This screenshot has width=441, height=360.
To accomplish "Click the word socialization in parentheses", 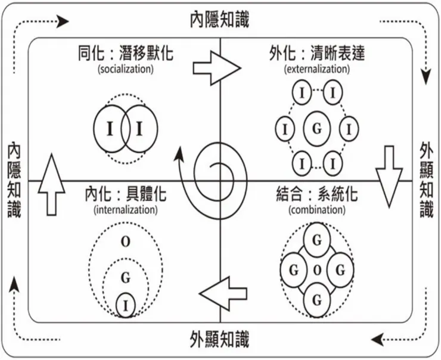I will point(126,69).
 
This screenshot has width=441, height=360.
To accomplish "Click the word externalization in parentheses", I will point(316,69).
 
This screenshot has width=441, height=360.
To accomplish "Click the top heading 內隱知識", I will point(219,18).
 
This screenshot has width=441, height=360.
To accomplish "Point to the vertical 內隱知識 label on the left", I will point(14,180).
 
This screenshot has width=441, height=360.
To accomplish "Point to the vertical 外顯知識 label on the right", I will point(427,180).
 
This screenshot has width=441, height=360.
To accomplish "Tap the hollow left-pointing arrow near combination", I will point(223,294).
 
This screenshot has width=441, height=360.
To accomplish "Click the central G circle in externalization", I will point(316,128).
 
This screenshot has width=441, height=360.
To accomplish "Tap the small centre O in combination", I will point(317,269).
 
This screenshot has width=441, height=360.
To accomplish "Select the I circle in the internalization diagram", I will point(126,305).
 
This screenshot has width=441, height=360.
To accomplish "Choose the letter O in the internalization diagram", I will point(126,242).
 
